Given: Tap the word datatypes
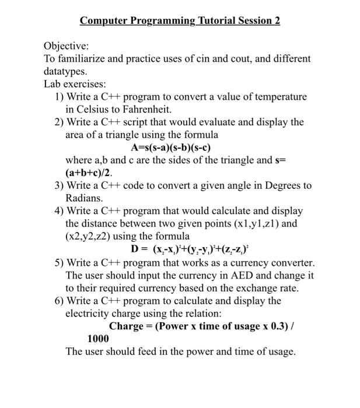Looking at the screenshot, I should (66, 71).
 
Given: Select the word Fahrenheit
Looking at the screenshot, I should (146, 109).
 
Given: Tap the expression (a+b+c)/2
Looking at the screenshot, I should (88, 173).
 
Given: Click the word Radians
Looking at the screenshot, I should (84, 198).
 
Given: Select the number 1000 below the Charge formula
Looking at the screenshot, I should (99, 339).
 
